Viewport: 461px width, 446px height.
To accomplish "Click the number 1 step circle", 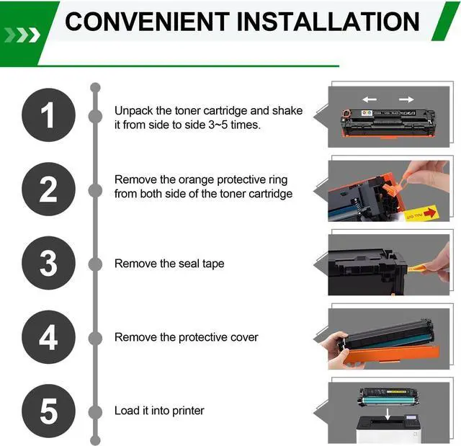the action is (48, 115).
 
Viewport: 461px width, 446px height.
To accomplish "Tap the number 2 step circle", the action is (48, 189).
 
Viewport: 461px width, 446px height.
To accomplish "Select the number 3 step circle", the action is (48, 263).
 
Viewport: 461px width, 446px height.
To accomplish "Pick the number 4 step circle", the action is (48, 337).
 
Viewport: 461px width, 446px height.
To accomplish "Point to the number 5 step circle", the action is (48, 411).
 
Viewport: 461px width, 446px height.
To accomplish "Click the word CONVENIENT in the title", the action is (147, 22).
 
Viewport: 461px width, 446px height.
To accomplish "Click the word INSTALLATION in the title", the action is (328, 22).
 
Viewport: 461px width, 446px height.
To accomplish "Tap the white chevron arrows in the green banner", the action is (22, 35).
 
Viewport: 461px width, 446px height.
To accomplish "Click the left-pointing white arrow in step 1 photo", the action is (370, 99).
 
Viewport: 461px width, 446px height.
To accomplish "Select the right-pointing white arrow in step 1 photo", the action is (406, 99).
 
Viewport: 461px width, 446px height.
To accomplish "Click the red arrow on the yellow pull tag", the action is (429, 213).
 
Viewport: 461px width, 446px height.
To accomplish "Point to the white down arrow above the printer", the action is (388, 414).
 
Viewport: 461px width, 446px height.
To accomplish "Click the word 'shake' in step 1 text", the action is (287, 111).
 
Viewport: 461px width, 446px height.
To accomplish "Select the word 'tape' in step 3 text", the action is (213, 264).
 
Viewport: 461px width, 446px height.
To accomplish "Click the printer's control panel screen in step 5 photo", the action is (411, 417).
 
